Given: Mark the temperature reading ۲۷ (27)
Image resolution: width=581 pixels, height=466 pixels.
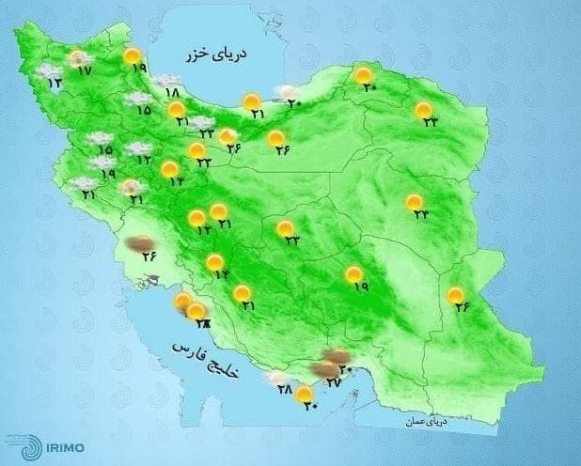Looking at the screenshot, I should tap(331, 382).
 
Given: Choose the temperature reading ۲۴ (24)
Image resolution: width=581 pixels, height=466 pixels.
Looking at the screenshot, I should tap(420, 215).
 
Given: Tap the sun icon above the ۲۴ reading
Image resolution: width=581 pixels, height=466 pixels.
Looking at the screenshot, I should tap(414, 202).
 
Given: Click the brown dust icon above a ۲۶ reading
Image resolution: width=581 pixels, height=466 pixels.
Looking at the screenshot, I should tap(143, 244).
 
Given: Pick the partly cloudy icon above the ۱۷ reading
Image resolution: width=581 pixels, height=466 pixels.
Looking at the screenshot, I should tap(78, 59).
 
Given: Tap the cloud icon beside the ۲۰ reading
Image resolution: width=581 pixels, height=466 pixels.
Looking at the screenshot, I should tap(282, 91).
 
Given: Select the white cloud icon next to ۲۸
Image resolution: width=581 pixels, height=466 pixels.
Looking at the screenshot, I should tap(276, 379).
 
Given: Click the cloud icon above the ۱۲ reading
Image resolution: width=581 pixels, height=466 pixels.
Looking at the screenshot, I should tap(139, 148).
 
